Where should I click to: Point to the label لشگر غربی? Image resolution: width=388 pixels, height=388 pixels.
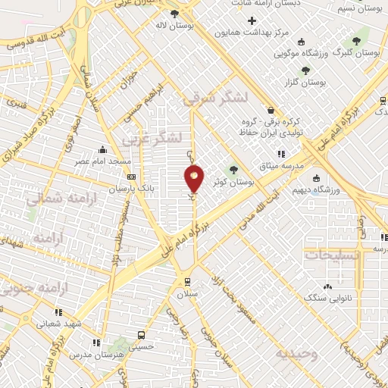pyautogui.click(x=155, y=138)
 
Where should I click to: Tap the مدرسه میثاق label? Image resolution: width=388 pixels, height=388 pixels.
pyautogui.click(x=281, y=165)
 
